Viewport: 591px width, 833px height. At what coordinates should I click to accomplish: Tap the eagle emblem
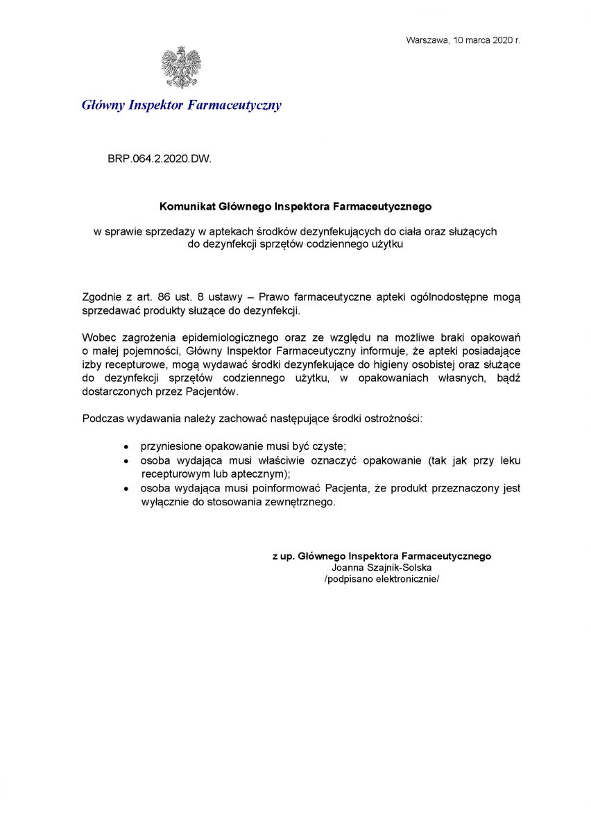[x=181, y=67]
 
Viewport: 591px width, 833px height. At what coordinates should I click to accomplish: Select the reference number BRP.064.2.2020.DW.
[x=160, y=159]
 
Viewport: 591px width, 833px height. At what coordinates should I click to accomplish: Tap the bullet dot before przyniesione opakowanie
[x=126, y=447]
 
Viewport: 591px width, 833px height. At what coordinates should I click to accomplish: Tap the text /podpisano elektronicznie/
[x=382, y=579]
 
